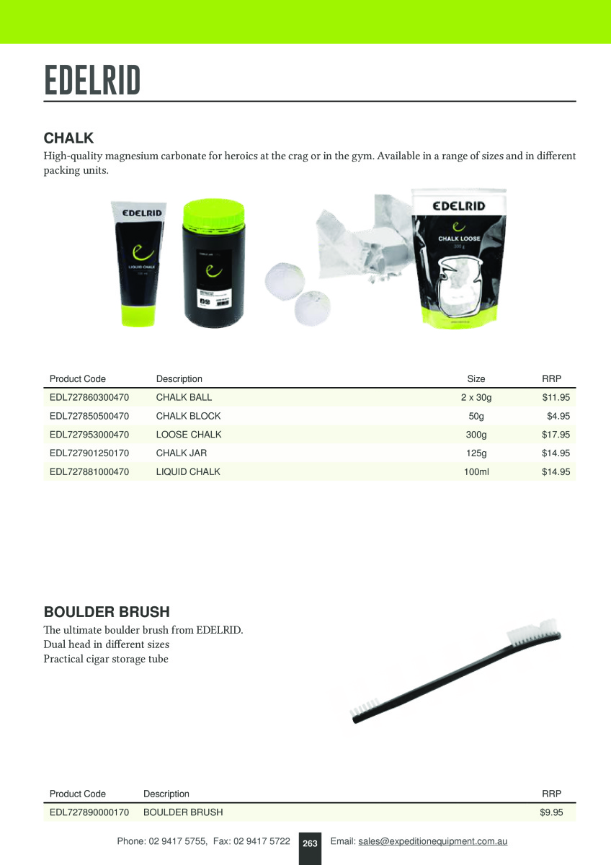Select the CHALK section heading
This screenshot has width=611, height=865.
68,138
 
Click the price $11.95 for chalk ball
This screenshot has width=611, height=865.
556,397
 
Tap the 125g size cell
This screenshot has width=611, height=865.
476,453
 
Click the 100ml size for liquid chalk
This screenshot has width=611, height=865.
476,472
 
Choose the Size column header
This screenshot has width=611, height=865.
476,378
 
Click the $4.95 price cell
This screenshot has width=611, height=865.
558,416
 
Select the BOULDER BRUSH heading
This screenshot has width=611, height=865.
107,612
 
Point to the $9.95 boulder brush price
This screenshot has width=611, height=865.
551,812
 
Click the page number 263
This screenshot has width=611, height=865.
310,843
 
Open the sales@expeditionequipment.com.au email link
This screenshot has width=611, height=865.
432,841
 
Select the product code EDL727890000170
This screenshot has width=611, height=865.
89,812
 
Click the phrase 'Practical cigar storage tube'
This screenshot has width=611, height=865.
106,659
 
